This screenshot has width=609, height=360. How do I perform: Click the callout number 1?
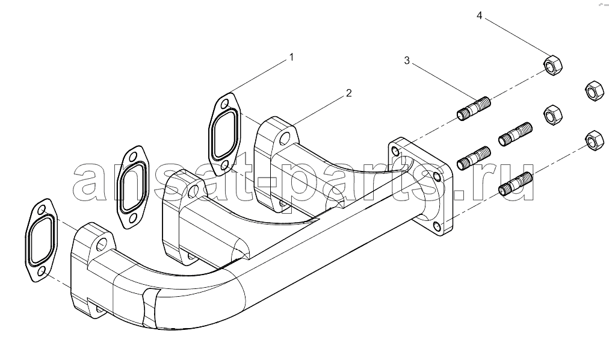coord(291,57)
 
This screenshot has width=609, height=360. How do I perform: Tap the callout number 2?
coord(349,93)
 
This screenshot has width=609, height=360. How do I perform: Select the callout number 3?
coord(407,61)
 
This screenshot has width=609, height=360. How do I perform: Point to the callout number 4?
coord(480,16)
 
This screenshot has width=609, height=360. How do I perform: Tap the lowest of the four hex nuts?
coord(594,140)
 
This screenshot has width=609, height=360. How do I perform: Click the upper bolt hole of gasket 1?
coord(224,105)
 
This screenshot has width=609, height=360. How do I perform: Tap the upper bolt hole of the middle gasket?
coord(133,157)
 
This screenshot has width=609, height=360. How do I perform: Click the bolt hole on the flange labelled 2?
coord(284,138)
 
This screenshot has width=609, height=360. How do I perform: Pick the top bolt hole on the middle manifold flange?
coord(193,190)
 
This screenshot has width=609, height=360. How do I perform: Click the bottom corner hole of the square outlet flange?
coord(437,227)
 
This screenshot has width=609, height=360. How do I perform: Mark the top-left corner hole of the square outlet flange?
coord(395,151)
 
